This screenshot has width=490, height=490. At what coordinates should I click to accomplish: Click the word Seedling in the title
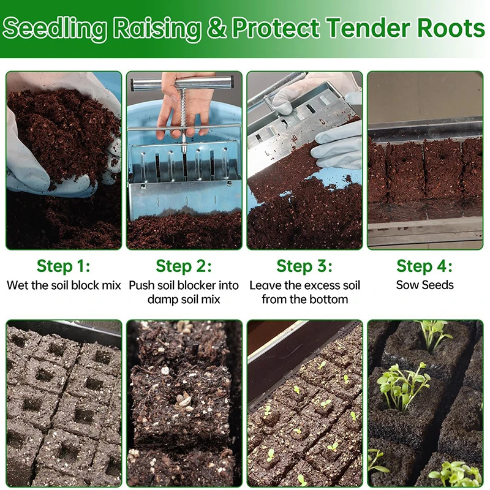55,28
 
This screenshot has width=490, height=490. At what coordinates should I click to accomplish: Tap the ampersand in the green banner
216,28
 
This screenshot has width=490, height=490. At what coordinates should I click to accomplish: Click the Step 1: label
64,266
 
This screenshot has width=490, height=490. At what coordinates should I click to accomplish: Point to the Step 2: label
184,266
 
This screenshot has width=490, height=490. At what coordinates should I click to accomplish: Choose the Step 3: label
304,266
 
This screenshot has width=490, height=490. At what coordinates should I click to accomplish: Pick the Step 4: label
424,266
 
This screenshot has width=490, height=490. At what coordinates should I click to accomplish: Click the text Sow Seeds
424,285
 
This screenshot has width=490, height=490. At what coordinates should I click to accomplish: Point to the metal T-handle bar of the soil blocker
181,85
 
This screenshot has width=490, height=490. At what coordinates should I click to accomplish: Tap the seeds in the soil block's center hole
182,402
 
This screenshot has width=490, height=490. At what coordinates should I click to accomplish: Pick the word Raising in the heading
157,28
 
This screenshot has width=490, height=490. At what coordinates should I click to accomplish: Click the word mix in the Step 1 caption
111,285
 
